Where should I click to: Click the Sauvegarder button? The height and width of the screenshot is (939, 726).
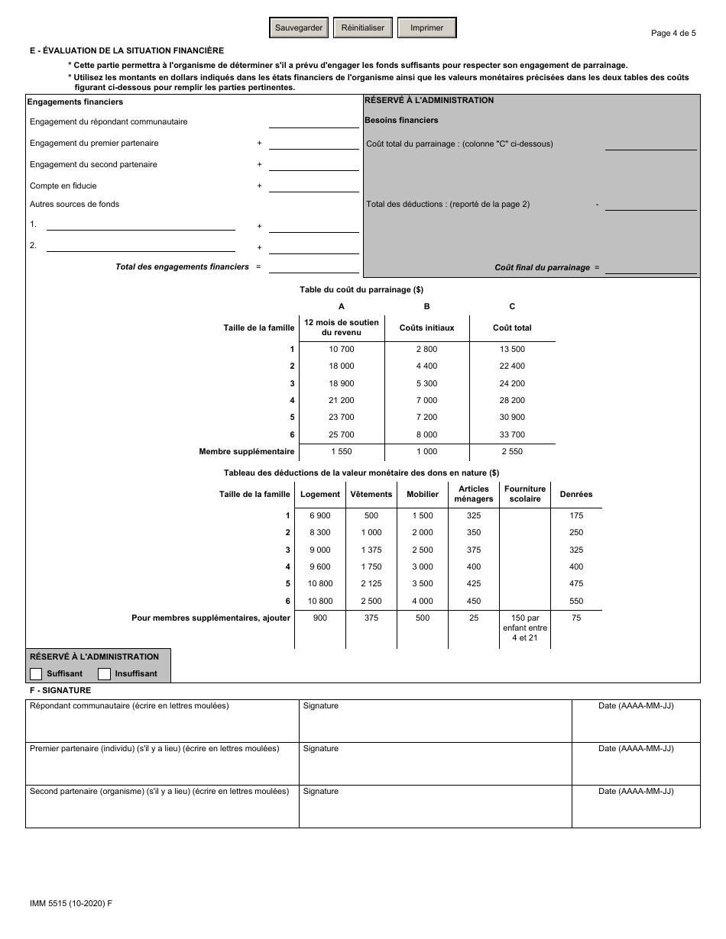[x=299, y=28]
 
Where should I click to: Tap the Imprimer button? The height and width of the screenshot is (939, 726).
[x=426, y=28]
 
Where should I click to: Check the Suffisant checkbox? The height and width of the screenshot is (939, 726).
[x=36, y=673]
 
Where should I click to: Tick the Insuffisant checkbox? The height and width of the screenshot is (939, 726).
[x=105, y=673]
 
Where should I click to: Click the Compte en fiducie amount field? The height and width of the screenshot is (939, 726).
[x=313, y=186]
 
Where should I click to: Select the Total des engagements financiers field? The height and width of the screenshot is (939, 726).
[x=313, y=266]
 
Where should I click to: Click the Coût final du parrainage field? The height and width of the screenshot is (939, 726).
[x=650, y=267]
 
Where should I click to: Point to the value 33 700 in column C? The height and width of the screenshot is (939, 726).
[x=512, y=434]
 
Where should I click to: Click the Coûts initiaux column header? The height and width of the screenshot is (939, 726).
[x=426, y=328]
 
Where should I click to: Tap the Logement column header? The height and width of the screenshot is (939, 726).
[x=320, y=494]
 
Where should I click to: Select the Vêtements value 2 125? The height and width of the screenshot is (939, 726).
[x=371, y=584]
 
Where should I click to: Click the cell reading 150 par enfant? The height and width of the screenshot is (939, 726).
[x=525, y=628]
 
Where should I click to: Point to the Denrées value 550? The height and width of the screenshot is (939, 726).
[x=576, y=601]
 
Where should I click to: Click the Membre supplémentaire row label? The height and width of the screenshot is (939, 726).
[x=246, y=451]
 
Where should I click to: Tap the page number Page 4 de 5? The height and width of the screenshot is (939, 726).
[x=673, y=33]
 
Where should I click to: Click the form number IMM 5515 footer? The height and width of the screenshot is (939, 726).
[x=69, y=903]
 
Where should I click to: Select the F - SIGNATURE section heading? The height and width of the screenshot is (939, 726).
[x=60, y=690]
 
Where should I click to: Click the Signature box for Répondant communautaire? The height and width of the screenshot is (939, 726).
[x=435, y=722]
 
